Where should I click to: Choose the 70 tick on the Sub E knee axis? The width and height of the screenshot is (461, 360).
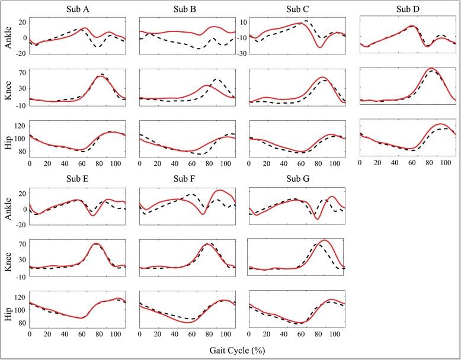[x=21, y=243]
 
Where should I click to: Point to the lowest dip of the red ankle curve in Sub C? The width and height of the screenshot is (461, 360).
[x=320, y=47]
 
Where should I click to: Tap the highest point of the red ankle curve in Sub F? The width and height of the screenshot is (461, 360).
[x=221, y=190]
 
